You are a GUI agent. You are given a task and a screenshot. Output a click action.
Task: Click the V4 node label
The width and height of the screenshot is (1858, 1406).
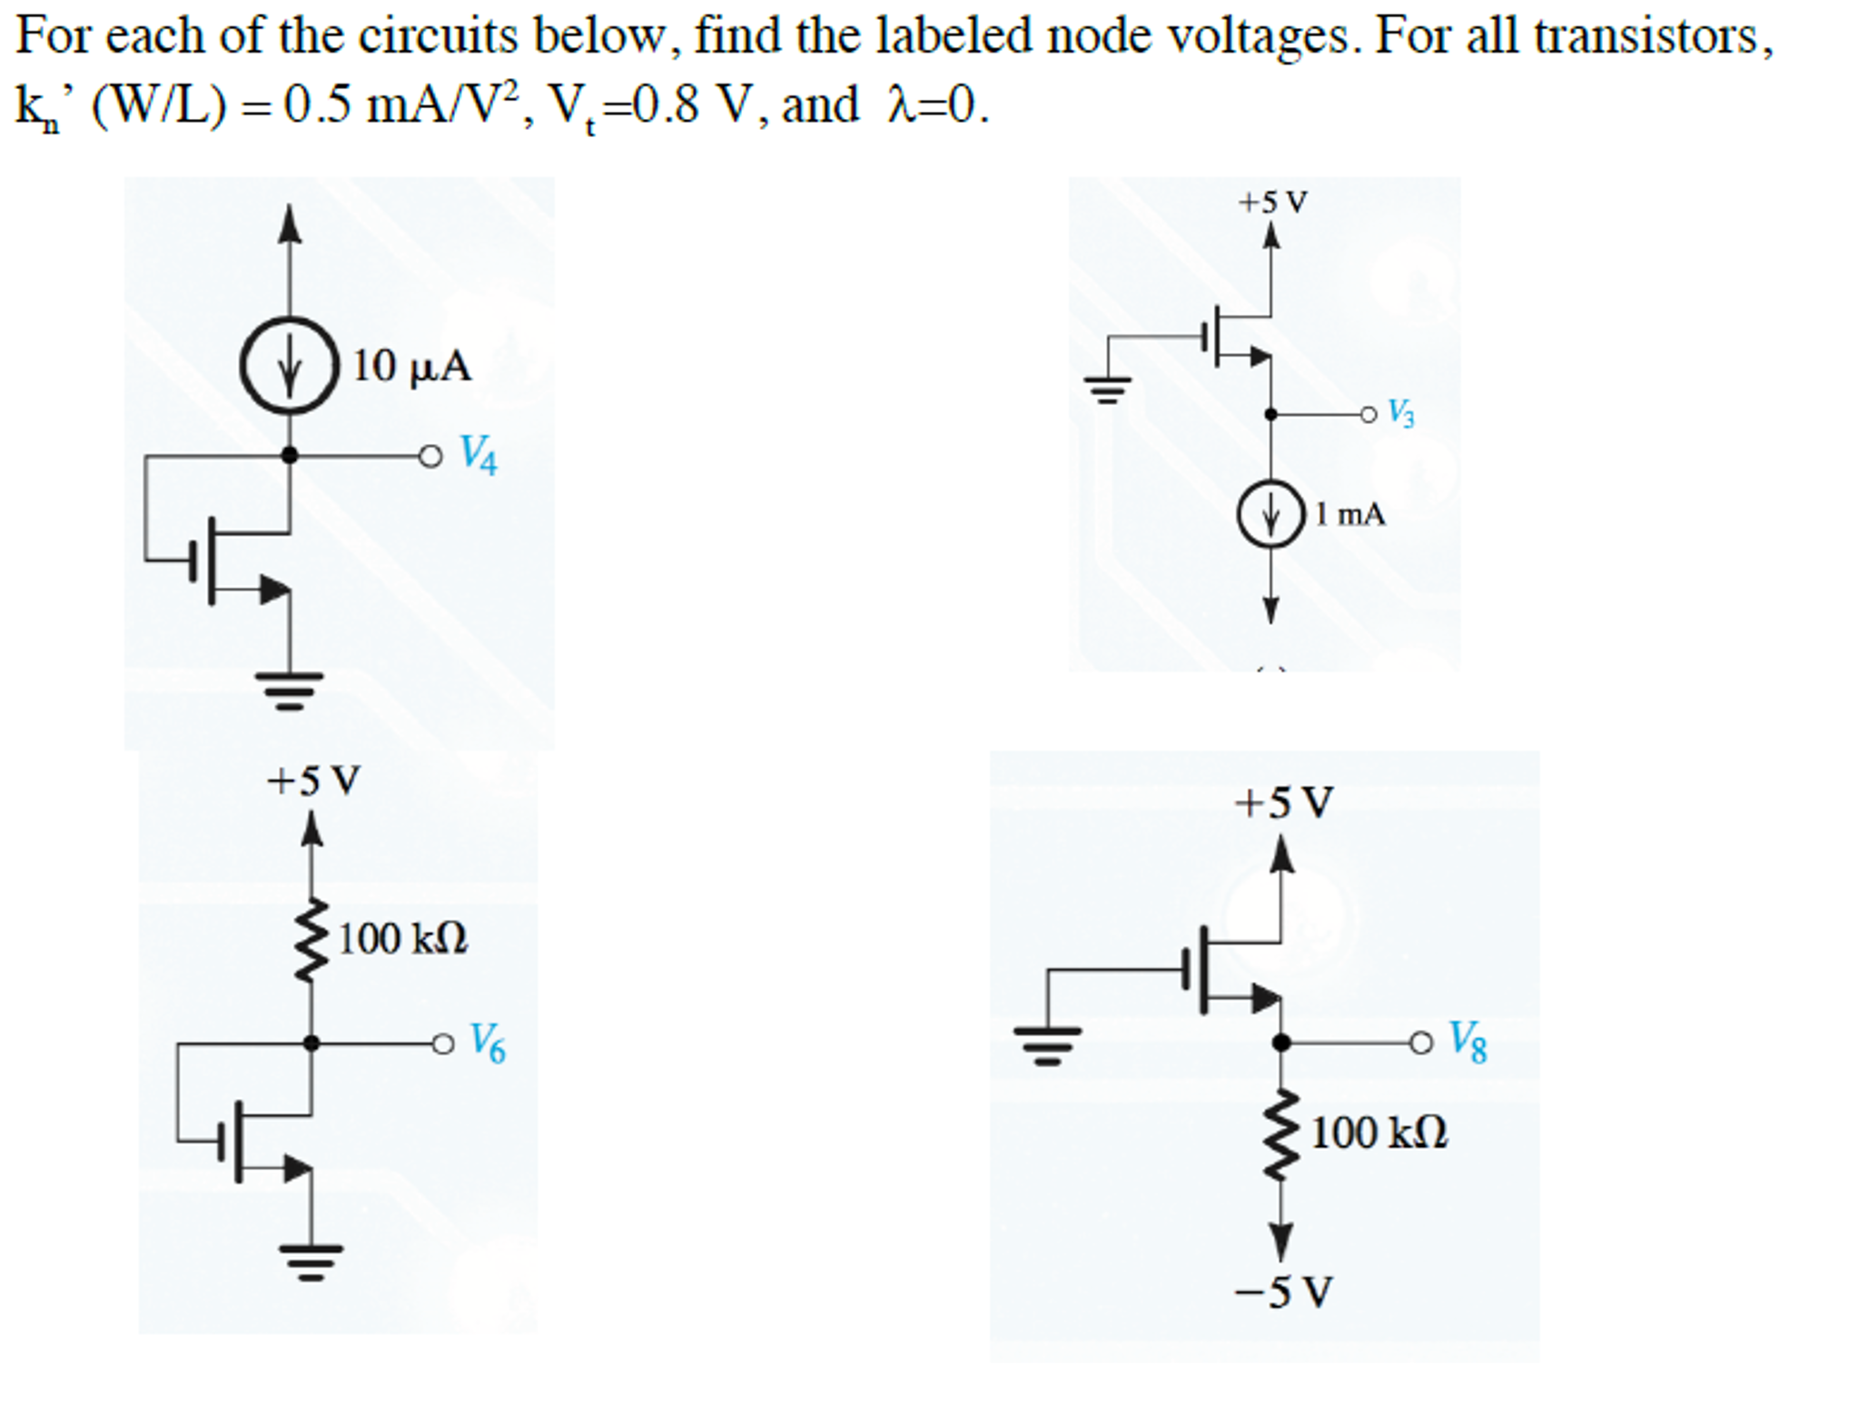(x=478, y=454)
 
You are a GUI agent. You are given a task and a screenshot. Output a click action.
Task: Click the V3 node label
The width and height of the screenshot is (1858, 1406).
(x=1401, y=413)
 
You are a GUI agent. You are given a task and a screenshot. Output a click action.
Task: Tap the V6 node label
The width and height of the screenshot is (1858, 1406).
(x=488, y=1043)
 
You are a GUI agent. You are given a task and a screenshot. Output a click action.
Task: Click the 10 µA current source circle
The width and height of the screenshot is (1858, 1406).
(x=289, y=365)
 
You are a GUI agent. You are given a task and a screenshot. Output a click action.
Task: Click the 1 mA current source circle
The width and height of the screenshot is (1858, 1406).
(x=1270, y=514)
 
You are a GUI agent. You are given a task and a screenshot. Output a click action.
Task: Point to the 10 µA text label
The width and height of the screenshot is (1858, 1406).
(x=411, y=366)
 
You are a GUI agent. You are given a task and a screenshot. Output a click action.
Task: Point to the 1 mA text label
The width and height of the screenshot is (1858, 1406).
(x=1350, y=515)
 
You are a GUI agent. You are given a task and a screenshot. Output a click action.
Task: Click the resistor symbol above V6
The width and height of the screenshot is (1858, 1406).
(x=311, y=940)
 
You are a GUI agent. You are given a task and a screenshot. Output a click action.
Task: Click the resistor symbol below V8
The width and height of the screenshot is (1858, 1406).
(x=1280, y=1134)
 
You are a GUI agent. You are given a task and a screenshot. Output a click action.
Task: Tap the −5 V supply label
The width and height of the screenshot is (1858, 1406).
(x=1282, y=1292)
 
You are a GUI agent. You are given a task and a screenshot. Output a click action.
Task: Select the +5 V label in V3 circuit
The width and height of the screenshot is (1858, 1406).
(x=1271, y=202)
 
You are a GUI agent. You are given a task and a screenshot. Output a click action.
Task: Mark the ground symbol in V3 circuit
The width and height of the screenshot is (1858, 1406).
(x=1106, y=389)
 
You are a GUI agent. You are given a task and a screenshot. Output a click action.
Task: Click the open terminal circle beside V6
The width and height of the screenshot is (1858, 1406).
(x=442, y=1044)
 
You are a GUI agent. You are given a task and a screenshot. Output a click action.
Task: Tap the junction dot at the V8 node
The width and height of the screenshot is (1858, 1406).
(x=1280, y=1043)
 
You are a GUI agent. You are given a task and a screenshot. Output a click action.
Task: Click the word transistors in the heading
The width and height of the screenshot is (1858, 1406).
(x=1652, y=36)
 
